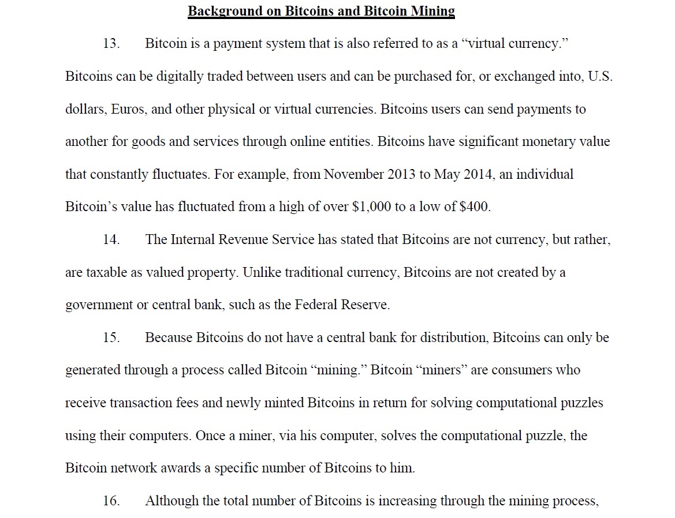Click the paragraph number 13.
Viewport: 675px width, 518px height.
click(111, 43)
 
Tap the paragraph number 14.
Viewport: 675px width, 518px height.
click(111, 239)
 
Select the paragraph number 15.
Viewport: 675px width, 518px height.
click(111, 337)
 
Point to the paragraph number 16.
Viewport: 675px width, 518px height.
click(111, 501)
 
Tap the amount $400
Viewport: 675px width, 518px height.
click(474, 207)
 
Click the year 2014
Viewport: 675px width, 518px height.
click(477, 174)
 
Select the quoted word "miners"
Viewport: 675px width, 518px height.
click(441, 370)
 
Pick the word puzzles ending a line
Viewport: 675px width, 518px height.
click(581, 403)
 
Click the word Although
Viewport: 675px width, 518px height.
click(171, 501)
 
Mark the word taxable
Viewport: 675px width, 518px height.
click(107, 272)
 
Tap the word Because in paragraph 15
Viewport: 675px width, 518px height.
click(169, 337)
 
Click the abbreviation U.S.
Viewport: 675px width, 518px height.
click(600, 76)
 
